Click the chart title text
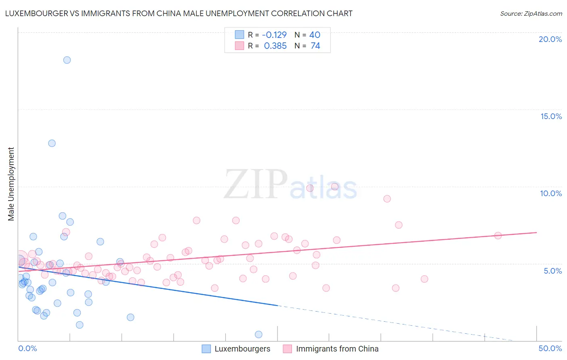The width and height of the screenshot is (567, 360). [x=179, y=13]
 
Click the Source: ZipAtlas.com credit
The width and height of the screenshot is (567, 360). [x=531, y=13]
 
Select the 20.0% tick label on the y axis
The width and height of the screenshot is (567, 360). [x=550, y=39]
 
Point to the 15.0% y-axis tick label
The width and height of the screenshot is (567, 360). [x=551, y=116]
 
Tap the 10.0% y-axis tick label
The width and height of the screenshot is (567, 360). [x=551, y=193]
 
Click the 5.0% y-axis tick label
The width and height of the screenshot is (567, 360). [x=552, y=271]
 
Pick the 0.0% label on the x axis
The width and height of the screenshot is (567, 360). [x=27, y=348]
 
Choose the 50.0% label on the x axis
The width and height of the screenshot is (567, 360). [x=550, y=348]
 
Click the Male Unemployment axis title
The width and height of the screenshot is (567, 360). [x=11, y=184]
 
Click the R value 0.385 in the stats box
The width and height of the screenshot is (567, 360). [x=275, y=46]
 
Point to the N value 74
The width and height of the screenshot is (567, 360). [x=315, y=46]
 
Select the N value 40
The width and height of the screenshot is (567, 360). [x=315, y=35]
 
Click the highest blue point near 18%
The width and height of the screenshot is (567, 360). [x=67, y=60]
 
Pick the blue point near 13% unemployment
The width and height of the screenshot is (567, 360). [x=52, y=143]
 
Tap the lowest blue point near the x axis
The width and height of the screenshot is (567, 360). [x=258, y=334]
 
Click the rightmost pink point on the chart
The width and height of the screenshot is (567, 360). [x=498, y=236]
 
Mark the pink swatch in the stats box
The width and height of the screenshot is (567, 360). [x=240, y=46]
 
